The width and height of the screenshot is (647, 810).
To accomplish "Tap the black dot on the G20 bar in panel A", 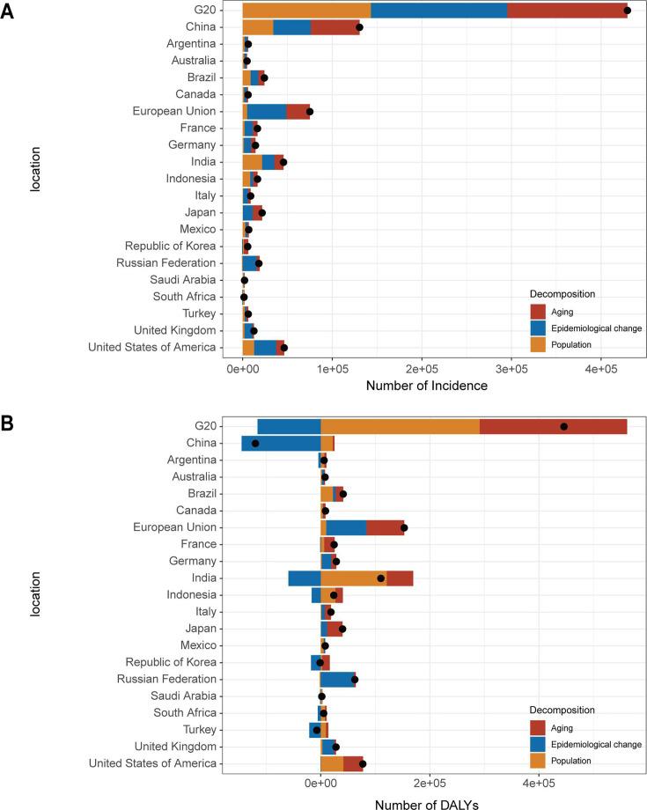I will [x=627, y=11].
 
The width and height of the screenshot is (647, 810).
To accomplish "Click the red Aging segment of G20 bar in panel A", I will [x=566, y=11].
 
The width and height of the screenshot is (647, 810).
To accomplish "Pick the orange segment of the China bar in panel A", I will [x=258, y=27].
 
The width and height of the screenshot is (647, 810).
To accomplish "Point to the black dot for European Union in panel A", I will [x=309, y=112].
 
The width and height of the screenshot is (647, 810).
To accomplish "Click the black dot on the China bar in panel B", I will [x=255, y=443].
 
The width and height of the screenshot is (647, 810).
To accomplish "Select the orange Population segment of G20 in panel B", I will [x=400, y=426].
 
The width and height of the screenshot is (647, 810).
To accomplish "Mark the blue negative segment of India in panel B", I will [x=304, y=578].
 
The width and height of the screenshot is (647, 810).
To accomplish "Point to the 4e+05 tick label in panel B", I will [x=539, y=784].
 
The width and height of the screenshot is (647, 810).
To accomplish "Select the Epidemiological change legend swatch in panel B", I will [x=539, y=744].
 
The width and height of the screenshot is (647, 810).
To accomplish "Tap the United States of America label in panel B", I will [x=152, y=763].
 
